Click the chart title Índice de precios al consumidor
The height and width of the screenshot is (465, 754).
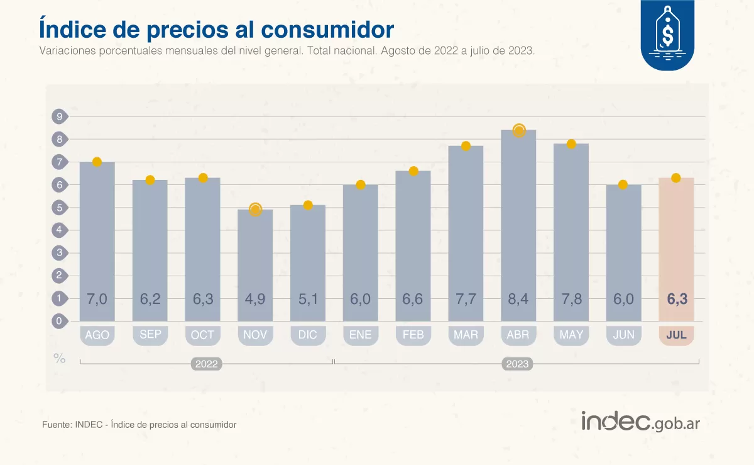[217, 28]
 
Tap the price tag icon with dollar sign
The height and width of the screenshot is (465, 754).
[667, 31]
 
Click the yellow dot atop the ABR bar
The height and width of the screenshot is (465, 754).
[519, 131]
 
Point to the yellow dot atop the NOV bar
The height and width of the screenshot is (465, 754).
[255, 210]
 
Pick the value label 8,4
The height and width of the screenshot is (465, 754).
[518, 300]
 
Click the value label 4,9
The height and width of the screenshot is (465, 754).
[255, 300]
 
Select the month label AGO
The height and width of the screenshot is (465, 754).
[97, 335]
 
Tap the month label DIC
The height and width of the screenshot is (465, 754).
[308, 335]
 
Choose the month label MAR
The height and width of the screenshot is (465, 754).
[466, 335]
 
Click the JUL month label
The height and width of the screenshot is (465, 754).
[676, 335]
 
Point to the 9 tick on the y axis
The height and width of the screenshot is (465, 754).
[60, 116]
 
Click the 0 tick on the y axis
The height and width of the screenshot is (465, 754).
[60, 321]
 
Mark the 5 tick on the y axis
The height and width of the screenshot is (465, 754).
[60, 208]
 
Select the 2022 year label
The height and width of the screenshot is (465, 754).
[207, 364]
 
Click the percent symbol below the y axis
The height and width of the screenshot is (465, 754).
[60, 359]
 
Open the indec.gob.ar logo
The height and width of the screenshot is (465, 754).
[640, 422]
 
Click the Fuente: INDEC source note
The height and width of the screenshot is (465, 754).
[139, 425]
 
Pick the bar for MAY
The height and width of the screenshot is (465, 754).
[571, 233]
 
